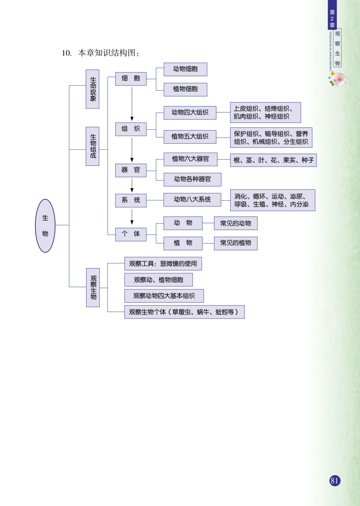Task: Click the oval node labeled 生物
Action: tap(45, 226)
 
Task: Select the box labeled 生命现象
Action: tap(93, 89)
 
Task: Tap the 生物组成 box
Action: tap(93, 146)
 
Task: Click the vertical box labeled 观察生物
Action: tap(93, 287)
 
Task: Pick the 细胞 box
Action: tap(131, 79)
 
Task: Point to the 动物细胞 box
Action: tap(185, 69)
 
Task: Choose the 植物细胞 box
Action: tap(185, 89)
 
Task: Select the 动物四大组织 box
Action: tap(190, 113)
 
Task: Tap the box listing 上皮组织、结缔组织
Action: tap(265, 113)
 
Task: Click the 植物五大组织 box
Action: tap(190, 137)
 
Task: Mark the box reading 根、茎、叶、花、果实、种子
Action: tap(273, 160)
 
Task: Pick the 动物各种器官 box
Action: tap(192, 179)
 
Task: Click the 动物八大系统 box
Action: tap(192, 200)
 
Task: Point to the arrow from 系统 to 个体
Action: tap(132, 217)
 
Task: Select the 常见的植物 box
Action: tap(236, 243)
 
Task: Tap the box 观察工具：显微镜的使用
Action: tap(163, 264)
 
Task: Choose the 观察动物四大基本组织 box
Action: tap(164, 296)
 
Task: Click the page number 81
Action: tap(335, 481)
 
